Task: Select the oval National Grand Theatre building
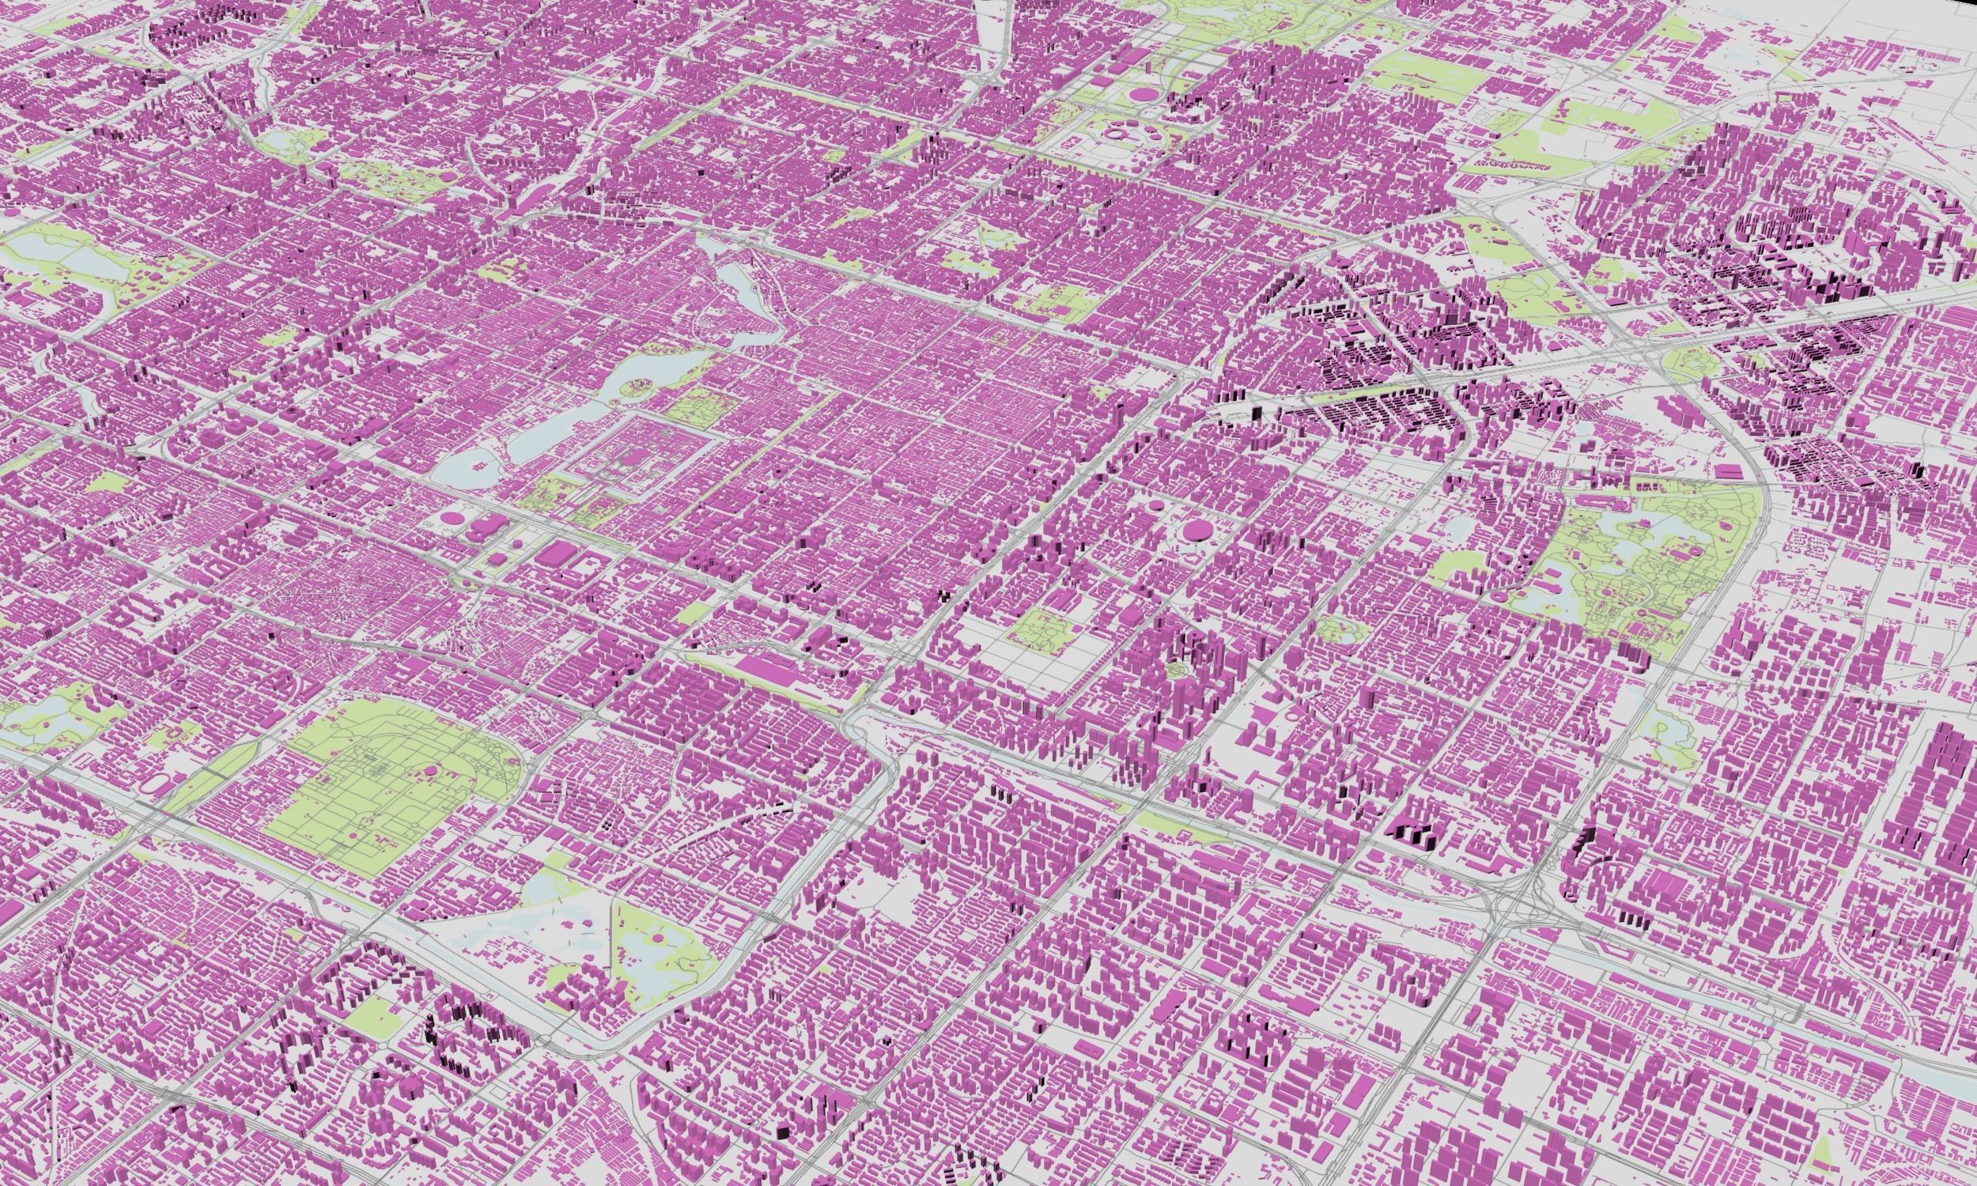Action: tap(454, 518)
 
